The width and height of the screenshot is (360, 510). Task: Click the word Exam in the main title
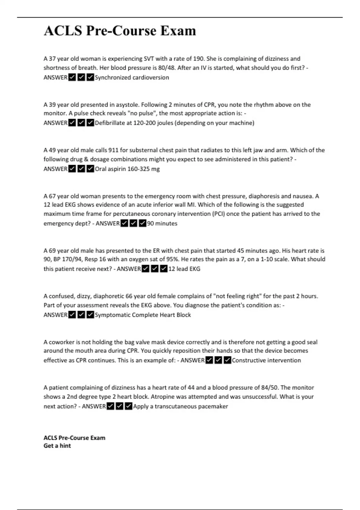click(178, 31)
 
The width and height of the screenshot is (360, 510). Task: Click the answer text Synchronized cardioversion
click(132, 77)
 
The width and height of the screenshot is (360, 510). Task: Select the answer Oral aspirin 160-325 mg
click(127, 169)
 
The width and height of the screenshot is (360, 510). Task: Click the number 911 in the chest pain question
click(113, 150)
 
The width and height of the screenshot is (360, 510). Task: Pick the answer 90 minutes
click(162, 223)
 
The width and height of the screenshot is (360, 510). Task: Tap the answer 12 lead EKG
click(184, 269)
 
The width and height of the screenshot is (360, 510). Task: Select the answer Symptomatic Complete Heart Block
click(143, 315)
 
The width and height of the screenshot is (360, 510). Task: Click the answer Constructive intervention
click(266, 360)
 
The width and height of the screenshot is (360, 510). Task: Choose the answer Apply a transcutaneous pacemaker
click(180, 406)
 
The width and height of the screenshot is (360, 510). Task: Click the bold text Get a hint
click(57, 446)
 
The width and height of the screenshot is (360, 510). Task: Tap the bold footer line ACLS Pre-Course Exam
click(74, 438)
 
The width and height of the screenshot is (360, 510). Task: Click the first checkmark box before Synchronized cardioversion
click(72, 77)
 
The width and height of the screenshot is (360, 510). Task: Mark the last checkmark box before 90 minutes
click(143, 223)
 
